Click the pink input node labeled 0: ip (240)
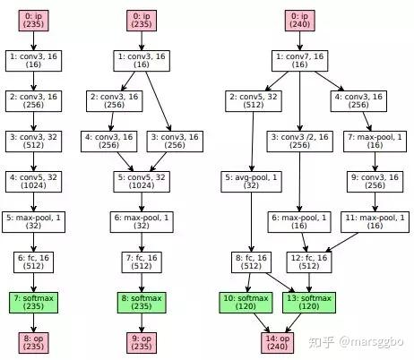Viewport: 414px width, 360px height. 299,21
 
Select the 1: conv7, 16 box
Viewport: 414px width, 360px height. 299,61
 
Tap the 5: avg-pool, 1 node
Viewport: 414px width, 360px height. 251,182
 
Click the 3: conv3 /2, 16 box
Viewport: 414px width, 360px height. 299,141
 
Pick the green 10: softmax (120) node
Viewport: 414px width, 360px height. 246,303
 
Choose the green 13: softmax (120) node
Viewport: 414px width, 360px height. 309,303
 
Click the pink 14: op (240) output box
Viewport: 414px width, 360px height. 278,343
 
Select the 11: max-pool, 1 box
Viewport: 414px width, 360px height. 375,222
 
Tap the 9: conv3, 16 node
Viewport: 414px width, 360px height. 375,182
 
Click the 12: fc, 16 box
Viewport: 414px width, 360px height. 309,262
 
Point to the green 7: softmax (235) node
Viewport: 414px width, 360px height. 33,303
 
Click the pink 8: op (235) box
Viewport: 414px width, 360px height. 33,343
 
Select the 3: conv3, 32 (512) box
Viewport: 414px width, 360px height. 33,141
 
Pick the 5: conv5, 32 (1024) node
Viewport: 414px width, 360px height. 142,182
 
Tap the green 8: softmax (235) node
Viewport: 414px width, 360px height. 142,303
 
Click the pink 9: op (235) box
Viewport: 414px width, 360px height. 142,343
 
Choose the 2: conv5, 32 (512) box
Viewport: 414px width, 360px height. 254,101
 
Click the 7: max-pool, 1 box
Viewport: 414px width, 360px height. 375,141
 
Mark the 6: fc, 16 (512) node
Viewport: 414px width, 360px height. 33,262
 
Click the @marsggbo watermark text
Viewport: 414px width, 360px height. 371,342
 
